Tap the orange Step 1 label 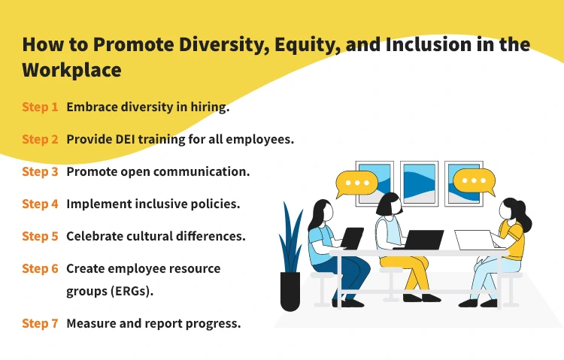pos(40,107)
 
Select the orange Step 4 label pos(40,204)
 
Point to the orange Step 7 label pos(40,323)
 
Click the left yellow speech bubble pos(356,183)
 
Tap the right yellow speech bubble pos(474,182)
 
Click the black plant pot pos(290,292)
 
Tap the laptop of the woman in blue pos(352,238)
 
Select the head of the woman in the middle pos(389,204)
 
